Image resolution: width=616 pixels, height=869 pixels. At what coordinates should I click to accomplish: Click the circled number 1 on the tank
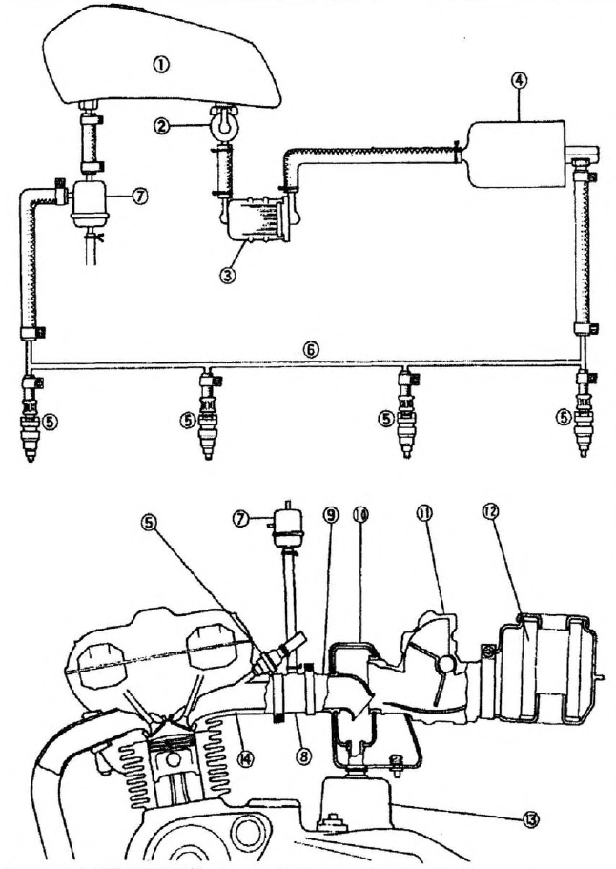pyautogui.click(x=161, y=64)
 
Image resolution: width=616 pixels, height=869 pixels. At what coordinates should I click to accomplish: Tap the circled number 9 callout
pyautogui.click(x=332, y=515)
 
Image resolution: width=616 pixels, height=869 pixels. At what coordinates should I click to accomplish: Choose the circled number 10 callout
pyautogui.click(x=359, y=514)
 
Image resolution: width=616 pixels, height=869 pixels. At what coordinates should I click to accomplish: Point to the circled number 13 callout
pyautogui.click(x=531, y=819)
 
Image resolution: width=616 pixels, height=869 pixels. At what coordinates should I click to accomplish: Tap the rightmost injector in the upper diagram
pyautogui.click(x=583, y=416)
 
